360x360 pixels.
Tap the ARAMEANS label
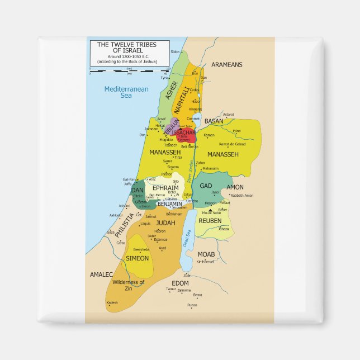tap(227, 65)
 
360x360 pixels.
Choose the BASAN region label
tap(214, 121)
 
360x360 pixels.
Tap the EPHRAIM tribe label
tap(165, 188)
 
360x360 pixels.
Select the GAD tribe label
tap(206, 186)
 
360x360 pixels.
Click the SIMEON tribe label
tap(138, 258)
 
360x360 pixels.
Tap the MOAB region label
tap(206, 254)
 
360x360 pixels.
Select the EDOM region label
tap(181, 283)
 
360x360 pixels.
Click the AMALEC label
tap(102, 274)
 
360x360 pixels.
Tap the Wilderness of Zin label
tap(128, 285)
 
